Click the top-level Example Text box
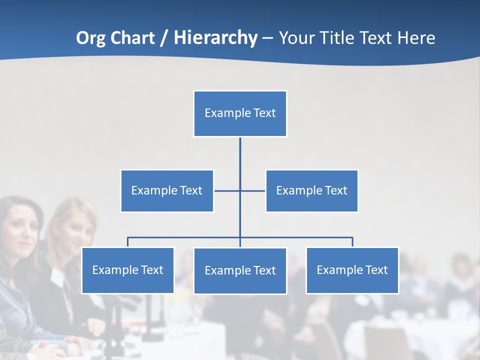click(x=240, y=113)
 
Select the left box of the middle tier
click(x=167, y=190)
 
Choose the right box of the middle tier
click(x=311, y=190)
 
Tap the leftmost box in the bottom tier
click(x=127, y=270)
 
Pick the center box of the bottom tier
click(x=240, y=270)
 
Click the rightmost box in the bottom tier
click(x=352, y=270)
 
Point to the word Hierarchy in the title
click(x=215, y=38)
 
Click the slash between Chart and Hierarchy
click(x=164, y=38)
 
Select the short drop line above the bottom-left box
click(x=127, y=242)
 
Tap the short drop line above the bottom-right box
click(x=352, y=242)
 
